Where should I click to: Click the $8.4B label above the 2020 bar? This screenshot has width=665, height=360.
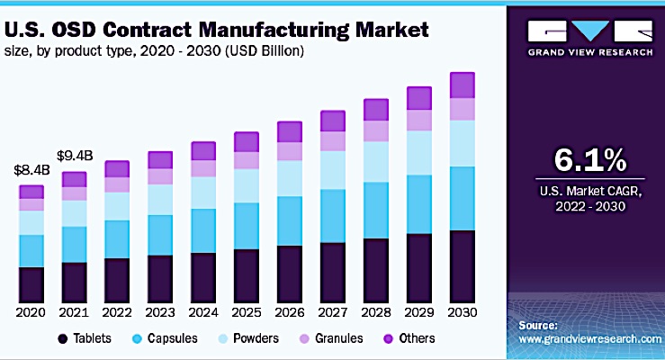tap(31, 169)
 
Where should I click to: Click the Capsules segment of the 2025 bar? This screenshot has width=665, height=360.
tap(247, 226)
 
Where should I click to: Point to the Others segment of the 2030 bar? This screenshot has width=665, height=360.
tap(462, 85)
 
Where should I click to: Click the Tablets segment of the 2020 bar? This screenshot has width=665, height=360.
tap(31, 283)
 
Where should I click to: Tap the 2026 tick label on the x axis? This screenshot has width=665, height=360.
tap(290, 311)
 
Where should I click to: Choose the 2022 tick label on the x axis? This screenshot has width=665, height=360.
tap(117, 311)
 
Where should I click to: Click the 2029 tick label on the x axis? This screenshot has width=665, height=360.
tap(418, 311)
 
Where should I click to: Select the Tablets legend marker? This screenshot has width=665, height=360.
tap(63, 338)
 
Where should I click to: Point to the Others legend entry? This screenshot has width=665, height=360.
tap(410, 338)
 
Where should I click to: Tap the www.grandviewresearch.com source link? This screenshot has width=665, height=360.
tap(591, 338)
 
